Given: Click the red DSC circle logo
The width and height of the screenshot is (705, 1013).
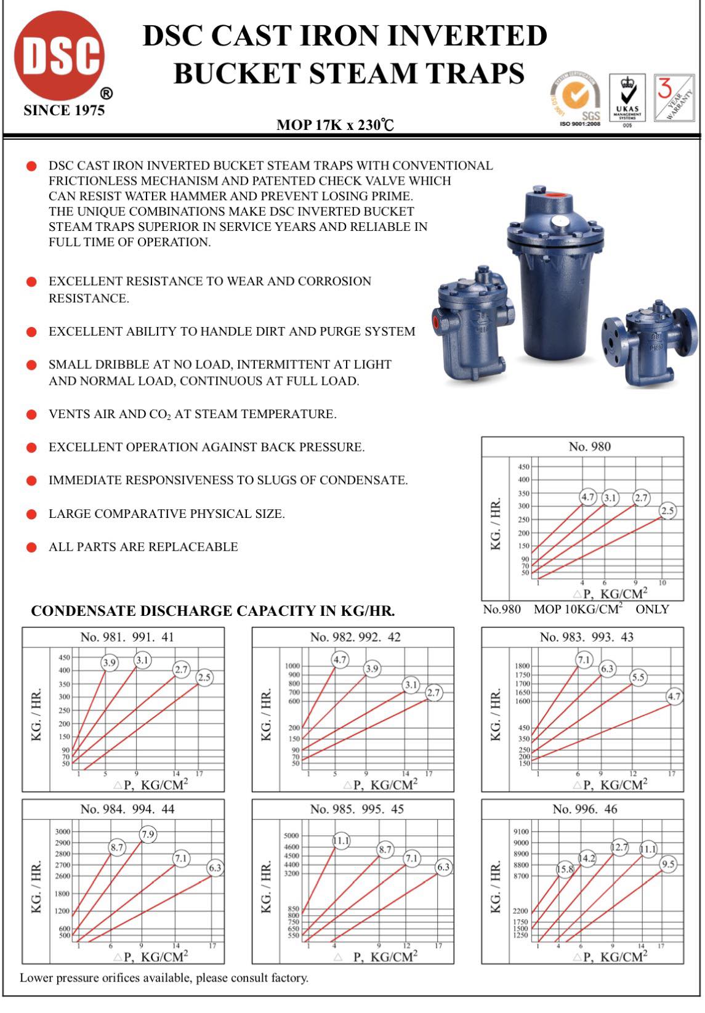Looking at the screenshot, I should (59, 56).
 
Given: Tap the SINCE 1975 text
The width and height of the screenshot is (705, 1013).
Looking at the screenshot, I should (64, 110).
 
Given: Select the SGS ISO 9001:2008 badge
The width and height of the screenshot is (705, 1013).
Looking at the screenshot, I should (577, 99).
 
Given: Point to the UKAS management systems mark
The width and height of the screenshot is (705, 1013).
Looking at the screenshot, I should (627, 99).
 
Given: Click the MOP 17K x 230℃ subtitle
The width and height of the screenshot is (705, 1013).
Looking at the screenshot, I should (335, 125).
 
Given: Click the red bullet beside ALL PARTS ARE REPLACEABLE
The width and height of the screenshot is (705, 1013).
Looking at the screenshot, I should (31, 547).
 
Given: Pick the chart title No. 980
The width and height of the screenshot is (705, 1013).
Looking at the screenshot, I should (589, 446).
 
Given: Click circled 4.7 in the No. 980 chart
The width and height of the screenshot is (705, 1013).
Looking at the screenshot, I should (588, 497).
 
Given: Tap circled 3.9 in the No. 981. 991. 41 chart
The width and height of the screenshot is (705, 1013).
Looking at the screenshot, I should (109, 663).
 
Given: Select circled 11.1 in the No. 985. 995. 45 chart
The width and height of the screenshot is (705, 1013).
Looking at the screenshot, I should (340, 841).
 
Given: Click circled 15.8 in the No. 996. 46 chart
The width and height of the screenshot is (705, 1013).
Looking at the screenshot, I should (565, 870).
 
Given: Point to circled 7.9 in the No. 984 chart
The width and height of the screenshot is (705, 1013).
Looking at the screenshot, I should (148, 835).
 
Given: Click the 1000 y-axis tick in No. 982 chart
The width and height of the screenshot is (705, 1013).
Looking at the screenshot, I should (292, 666).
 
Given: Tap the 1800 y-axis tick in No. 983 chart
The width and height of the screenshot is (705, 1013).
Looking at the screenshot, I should (522, 666).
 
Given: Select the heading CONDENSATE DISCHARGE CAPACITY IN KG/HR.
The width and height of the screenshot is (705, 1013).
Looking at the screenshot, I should (213, 611).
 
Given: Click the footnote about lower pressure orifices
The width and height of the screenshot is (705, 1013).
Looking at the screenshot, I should (164, 978).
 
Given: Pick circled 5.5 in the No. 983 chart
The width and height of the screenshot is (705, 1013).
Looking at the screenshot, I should (639, 677).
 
